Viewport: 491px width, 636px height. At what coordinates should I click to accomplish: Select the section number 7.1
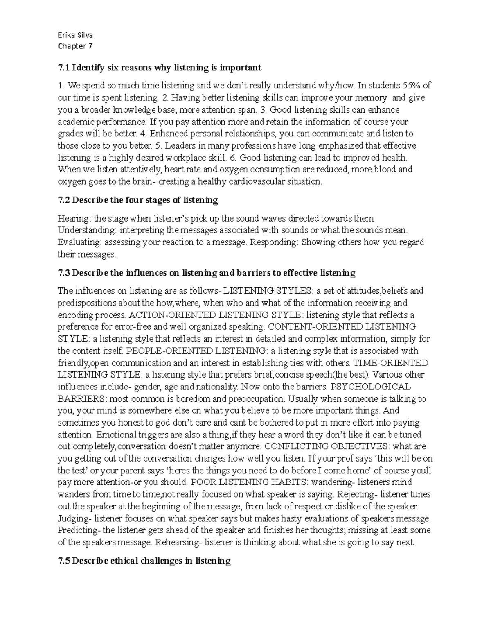[64, 68]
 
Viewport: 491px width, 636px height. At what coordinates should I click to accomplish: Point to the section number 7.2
[64, 200]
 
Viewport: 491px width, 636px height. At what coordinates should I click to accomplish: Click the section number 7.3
[64, 273]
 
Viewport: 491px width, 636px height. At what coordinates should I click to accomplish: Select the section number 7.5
[64, 561]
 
